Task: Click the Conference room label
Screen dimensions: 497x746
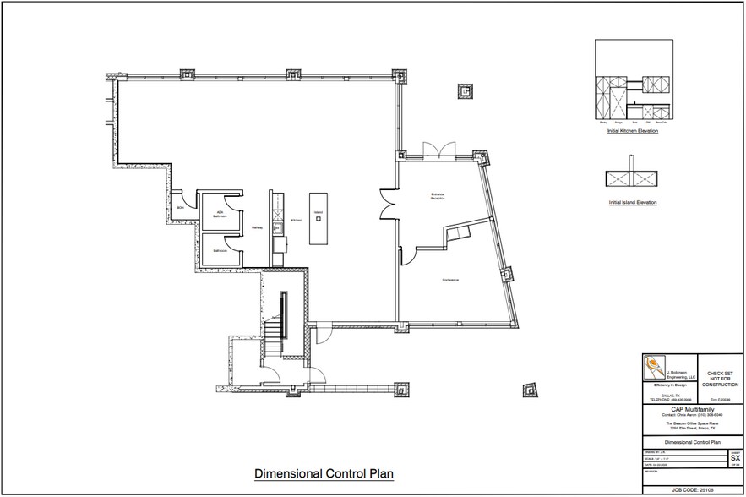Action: [x=449, y=280]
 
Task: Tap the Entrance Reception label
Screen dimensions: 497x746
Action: [x=438, y=196]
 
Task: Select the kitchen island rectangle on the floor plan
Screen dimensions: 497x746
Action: [x=319, y=225]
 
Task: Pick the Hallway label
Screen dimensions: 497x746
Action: [x=257, y=227]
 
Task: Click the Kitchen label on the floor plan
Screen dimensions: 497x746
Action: [x=296, y=221]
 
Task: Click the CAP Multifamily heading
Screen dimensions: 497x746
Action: [x=686, y=408]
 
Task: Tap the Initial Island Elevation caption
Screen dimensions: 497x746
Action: [x=632, y=203]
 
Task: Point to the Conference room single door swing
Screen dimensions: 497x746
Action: [x=406, y=253]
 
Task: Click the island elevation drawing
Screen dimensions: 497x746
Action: [x=632, y=178]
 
